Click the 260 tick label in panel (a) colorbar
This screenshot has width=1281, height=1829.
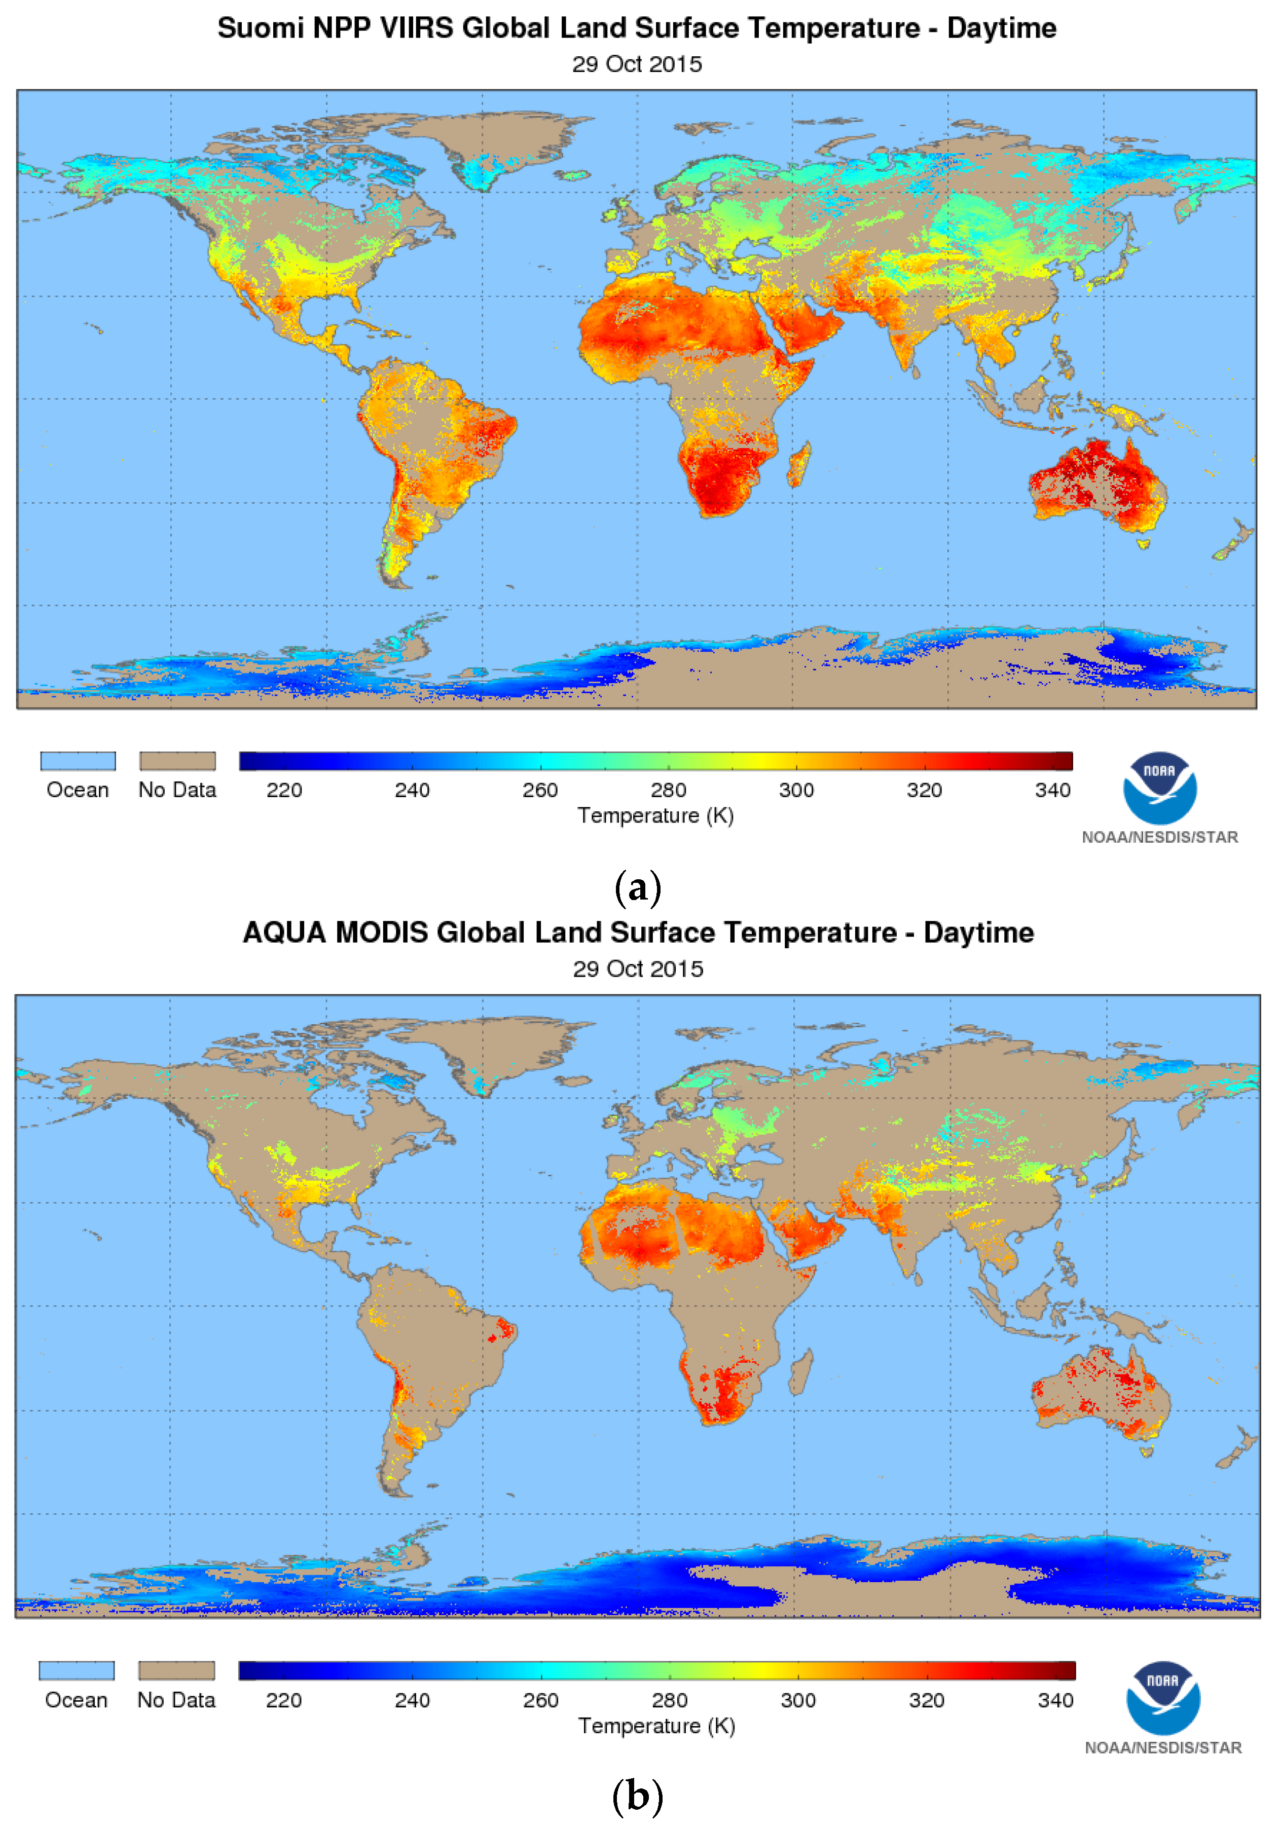pos(539,790)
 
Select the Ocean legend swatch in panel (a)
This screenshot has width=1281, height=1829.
pos(78,761)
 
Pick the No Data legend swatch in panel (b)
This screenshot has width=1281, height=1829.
pos(176,1670)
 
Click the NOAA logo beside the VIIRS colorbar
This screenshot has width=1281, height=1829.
pos(1159,788)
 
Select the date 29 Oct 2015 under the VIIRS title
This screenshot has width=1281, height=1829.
pos(637,64)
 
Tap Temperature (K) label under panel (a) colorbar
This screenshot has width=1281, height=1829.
pos(655,816)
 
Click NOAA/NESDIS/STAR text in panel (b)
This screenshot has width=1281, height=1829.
pos(1162,1748)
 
